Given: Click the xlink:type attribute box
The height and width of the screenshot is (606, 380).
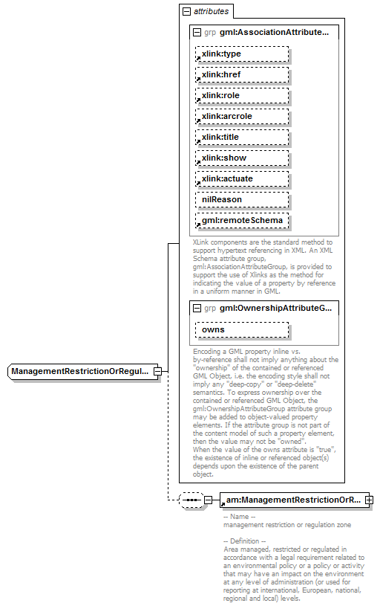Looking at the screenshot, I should pos(242,54).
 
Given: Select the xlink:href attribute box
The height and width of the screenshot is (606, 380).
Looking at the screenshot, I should pos(242,75).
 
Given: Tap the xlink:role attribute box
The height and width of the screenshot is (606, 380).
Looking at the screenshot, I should pos(242,96).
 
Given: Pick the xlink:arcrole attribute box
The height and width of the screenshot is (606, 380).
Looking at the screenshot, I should pos(242,117).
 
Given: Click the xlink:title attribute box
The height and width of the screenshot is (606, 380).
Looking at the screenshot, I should pos(242,138).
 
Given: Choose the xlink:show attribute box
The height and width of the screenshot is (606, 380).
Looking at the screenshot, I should pos(242,158).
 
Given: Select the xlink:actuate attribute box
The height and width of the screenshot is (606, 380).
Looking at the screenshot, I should pos(242,179).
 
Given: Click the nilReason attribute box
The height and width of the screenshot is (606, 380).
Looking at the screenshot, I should pos(242,200).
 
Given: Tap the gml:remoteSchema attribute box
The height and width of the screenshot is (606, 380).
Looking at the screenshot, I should pos(242,222).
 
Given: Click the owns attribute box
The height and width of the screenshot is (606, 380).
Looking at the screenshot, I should pos(242,329).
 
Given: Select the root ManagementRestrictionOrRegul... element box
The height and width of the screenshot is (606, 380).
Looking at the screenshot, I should pos(81,371).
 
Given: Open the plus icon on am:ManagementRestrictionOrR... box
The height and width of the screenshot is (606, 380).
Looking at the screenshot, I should pos(369,500).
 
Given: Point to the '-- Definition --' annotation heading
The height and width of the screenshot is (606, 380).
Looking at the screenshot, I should pos(245,541).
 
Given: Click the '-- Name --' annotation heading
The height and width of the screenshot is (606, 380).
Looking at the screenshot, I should pos(239,517).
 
